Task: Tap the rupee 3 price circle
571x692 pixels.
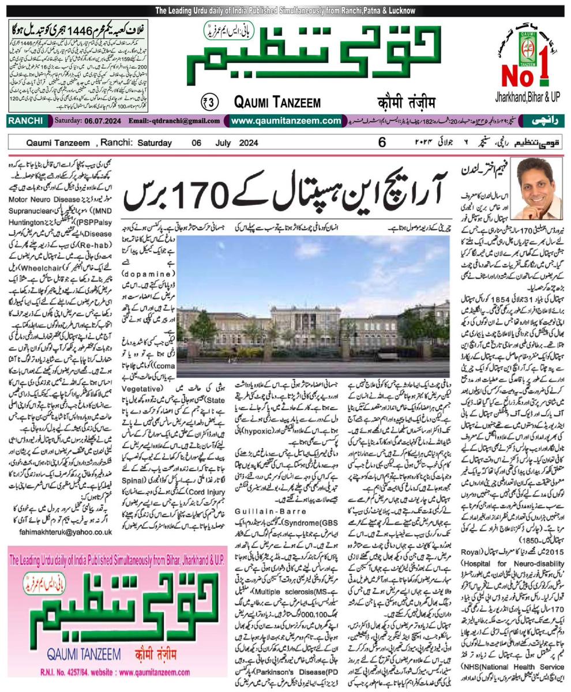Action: point(209,101)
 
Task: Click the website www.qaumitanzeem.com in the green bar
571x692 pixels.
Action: point(285,121)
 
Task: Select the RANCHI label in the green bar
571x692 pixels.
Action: point(26,121)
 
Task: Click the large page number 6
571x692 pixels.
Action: point(382,142)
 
